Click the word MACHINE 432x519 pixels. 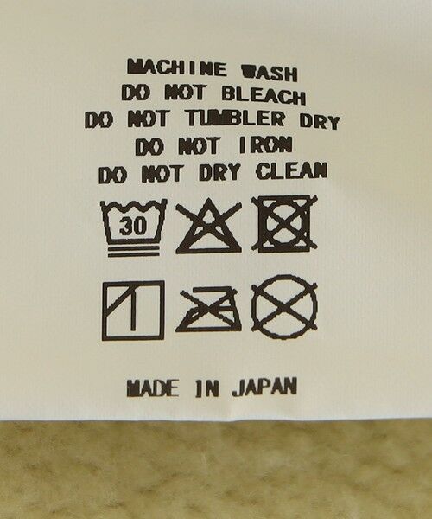(x=177, y=67)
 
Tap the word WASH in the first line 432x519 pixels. (x=270, y=73)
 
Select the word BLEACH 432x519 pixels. (x=264, y=95)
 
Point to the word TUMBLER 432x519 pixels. (x=235, y=119)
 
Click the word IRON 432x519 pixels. (x=265, y=144)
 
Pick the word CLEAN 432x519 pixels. (x=292, y=170)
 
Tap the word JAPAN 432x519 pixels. (x=264, y=387)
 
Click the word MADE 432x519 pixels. (x=153, y=388)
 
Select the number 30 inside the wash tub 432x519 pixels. (x=133, y=227)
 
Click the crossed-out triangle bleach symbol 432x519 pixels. (x=208, y=227)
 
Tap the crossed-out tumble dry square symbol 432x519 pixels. (x=284, y=224)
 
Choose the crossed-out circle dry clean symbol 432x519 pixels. (x=284, y=307)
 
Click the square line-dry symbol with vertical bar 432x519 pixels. (x=133, y=311)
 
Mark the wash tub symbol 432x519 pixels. (x=134, y=228)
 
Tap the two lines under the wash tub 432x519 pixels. (x=134, y=251)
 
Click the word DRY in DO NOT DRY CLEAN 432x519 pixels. (x=219, y=172)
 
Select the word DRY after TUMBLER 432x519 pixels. (x=320, y=121)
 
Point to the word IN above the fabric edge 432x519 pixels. (x=206, y=388)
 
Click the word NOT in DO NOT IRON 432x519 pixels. (x=200, y=146)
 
